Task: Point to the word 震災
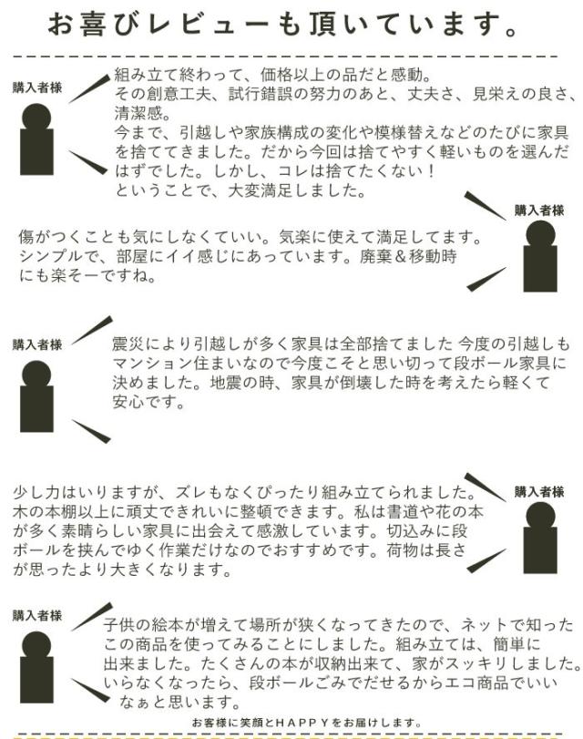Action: (x=128, y=344)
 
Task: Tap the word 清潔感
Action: (x=138, y=113)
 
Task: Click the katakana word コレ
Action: (x=293, y=171)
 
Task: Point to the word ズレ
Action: (x=191, y=492)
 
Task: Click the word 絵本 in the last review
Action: (x=168, y=625)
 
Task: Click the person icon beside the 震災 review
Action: (x=36, y=396)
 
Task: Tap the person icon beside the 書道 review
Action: (x=540, y=538)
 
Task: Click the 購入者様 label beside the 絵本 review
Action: (x=37, y=615)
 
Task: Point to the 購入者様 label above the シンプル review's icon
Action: (x=539, y=210)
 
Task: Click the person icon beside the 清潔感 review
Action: (x=36, y=139)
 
